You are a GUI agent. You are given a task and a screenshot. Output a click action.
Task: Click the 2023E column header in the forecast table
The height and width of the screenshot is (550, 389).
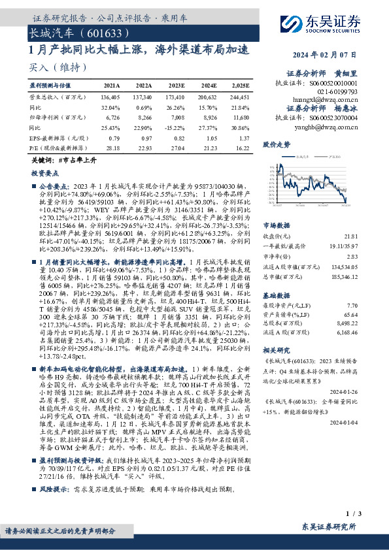175,86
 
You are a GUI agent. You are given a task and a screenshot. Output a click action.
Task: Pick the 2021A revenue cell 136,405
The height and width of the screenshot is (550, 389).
111,96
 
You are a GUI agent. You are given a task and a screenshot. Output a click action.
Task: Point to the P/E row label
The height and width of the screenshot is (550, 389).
56,148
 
